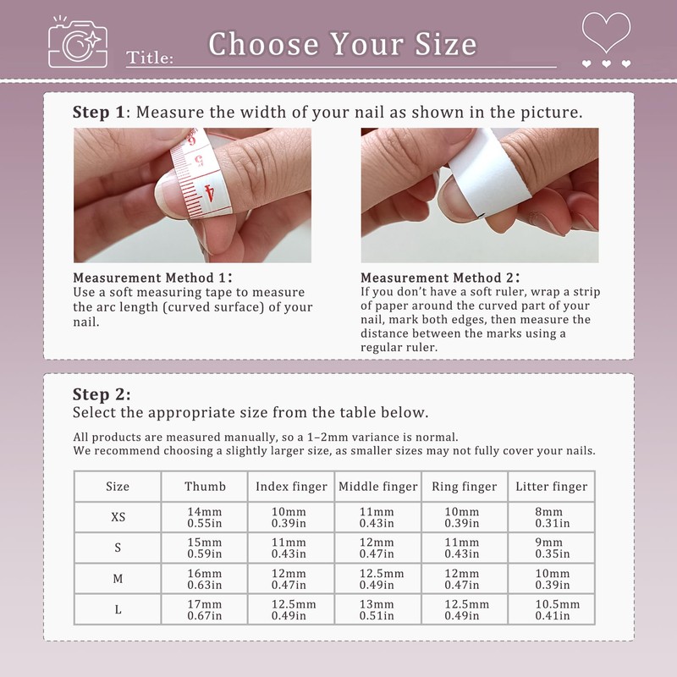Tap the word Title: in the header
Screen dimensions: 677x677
click(x=151, y=58)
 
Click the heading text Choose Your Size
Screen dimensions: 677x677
click(x=343, y=43)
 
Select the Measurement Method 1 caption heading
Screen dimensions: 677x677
click(x=152, y=278)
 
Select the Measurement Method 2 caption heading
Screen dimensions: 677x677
click(x=440, y=278)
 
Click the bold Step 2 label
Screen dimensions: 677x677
click(x=102, y=394)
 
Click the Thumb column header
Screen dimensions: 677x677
click(x=205, y=487)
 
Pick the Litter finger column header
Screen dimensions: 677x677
click(x=550, y=487)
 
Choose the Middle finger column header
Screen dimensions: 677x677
click(x=378, y=487)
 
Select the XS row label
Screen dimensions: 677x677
click(x=118, y=518)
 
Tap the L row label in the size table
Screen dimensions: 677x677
click(x=118, y=609)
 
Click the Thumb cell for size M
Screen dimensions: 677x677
click(x=205, y=579)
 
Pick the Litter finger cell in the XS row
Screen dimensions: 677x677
click(x=550, y=518)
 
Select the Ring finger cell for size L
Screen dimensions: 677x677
click(x=465, y=609)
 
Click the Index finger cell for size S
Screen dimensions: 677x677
click(x=290, y=548)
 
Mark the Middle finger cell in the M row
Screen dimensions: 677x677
click(x=378, y=579)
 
